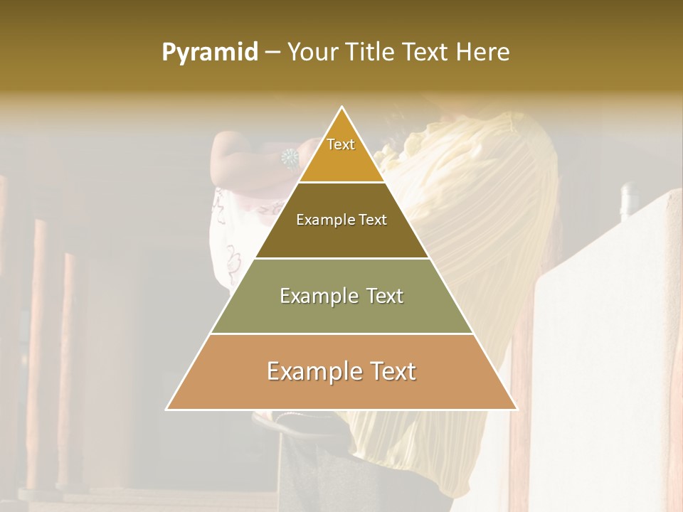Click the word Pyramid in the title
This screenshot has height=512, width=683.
[x=209, y=53]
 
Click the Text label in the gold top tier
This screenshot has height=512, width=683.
[x=341, y=144]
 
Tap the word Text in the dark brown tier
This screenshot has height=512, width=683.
[x=373, y=220]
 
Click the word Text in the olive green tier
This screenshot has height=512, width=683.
[x=385, y=296]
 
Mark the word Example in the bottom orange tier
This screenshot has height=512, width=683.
[x=311, y=371]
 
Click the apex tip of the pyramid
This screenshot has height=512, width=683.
[x=342, y=108]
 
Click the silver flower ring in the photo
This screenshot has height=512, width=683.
[x=290, y=158]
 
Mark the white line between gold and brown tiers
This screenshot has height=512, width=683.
[x=341, y=183]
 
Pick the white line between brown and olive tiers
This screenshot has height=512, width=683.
[x=341, y=258]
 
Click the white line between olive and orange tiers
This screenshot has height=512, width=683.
[x=341, y=334]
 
